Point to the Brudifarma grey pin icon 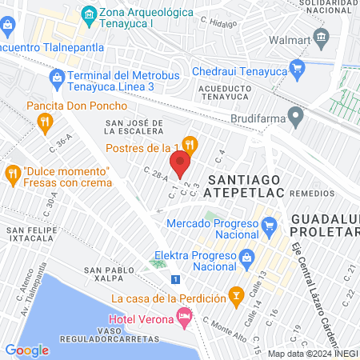(296, 118)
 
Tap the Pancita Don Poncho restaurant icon (45, 122)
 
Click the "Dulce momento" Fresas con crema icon (13, 172)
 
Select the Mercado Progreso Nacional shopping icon (270, 226)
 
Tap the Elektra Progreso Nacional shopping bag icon (247, 258)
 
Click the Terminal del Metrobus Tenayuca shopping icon (56, 78)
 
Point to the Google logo (26, 350)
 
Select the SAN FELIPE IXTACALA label (34, 234)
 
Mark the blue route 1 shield (175, 278)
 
